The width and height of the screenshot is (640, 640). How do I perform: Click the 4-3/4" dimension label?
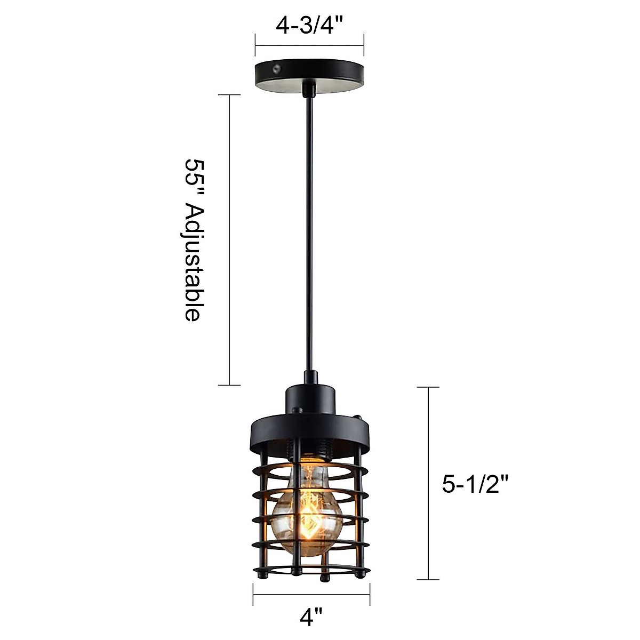click(309, 26)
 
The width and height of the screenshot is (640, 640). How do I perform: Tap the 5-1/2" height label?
click(473, 484)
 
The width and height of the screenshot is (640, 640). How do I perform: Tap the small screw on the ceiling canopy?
click(276, 68)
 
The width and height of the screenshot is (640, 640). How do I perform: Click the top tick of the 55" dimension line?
click(230, 95)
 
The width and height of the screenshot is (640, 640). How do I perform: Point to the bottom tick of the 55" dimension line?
click(230, 385)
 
